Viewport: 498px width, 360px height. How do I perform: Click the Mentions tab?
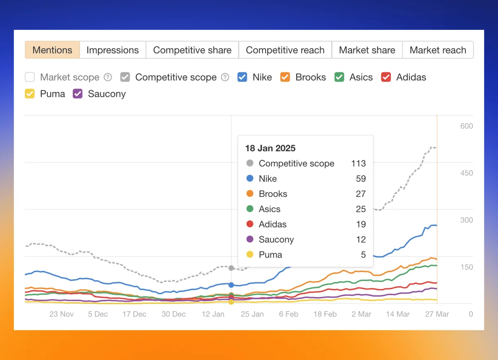pos(52,50)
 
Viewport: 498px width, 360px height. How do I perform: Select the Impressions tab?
pos(112,50)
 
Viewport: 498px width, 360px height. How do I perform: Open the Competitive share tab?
pos(192,50)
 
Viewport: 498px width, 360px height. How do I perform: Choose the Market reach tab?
pos(438,50)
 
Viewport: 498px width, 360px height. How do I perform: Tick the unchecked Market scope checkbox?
pos(30,77)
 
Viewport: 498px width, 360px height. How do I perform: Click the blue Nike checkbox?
pos(242,77)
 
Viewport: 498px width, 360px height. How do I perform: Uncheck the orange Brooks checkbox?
pos(285,77)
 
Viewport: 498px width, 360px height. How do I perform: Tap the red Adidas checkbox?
pos(386,77)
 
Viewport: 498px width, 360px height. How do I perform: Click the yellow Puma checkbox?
pos(30,94)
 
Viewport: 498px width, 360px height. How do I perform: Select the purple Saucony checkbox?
pos(78,94)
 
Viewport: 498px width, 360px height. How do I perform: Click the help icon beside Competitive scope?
pos(225,77)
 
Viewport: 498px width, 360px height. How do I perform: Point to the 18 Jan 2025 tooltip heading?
pos(270,148)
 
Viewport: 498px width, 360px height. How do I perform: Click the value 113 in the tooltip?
pos(358,164)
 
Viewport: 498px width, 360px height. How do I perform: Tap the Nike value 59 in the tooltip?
pos(361,179)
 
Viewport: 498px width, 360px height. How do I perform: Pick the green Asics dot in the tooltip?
pos(250,209)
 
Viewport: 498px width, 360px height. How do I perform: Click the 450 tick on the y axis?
pos(466,173)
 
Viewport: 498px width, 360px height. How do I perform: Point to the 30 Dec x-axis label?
pos(173,314)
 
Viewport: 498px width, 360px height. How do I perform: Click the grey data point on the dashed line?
pos(231,268)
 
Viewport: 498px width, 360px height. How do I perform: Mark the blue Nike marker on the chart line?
pos(231,285)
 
